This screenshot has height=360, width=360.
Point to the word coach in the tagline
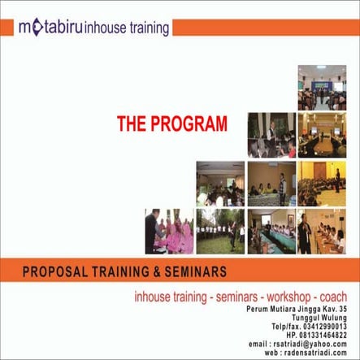(334, 297)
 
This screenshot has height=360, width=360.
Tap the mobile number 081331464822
(325, 334)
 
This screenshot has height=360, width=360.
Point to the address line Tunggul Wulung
(324, 318)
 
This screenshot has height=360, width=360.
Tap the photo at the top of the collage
(322, 86)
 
